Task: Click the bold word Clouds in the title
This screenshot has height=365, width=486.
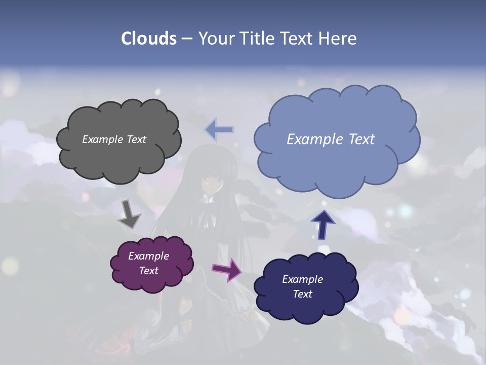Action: (x=149, y=39)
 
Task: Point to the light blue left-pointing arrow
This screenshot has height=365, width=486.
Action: (x=219, y=130)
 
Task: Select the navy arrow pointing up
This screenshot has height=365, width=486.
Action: (x=323, y=225)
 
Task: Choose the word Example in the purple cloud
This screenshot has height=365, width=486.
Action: (x=149, y=256)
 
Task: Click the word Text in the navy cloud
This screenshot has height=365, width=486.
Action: (x=303, y=294)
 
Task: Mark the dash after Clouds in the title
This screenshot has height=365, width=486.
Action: (x=186, y=39)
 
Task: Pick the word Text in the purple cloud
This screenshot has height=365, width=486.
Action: (x=149, y=271)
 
